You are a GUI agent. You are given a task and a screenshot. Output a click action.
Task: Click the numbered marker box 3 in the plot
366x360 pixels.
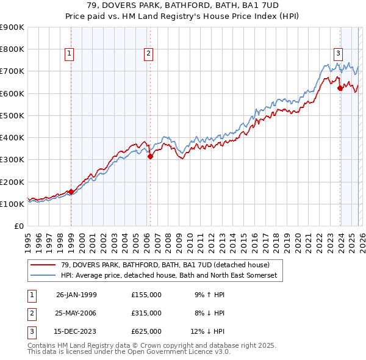pos(338,53)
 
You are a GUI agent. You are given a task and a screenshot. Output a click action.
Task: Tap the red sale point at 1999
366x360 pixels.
pos(71,192)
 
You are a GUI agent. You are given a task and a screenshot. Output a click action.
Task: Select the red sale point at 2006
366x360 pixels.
pos(149,156)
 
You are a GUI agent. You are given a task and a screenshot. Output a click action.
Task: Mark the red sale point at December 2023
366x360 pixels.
pos(340,88)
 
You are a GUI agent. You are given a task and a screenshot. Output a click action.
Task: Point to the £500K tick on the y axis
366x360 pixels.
pos(12,115)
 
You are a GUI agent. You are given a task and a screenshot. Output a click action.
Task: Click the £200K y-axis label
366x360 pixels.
pos(12,182)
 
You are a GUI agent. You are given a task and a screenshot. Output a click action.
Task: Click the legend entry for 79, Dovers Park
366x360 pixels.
pos(162,265)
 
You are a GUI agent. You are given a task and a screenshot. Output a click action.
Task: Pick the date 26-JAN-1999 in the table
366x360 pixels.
pos(76,295)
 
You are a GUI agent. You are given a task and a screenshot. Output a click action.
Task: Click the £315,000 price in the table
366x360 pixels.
pos(146,313)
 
